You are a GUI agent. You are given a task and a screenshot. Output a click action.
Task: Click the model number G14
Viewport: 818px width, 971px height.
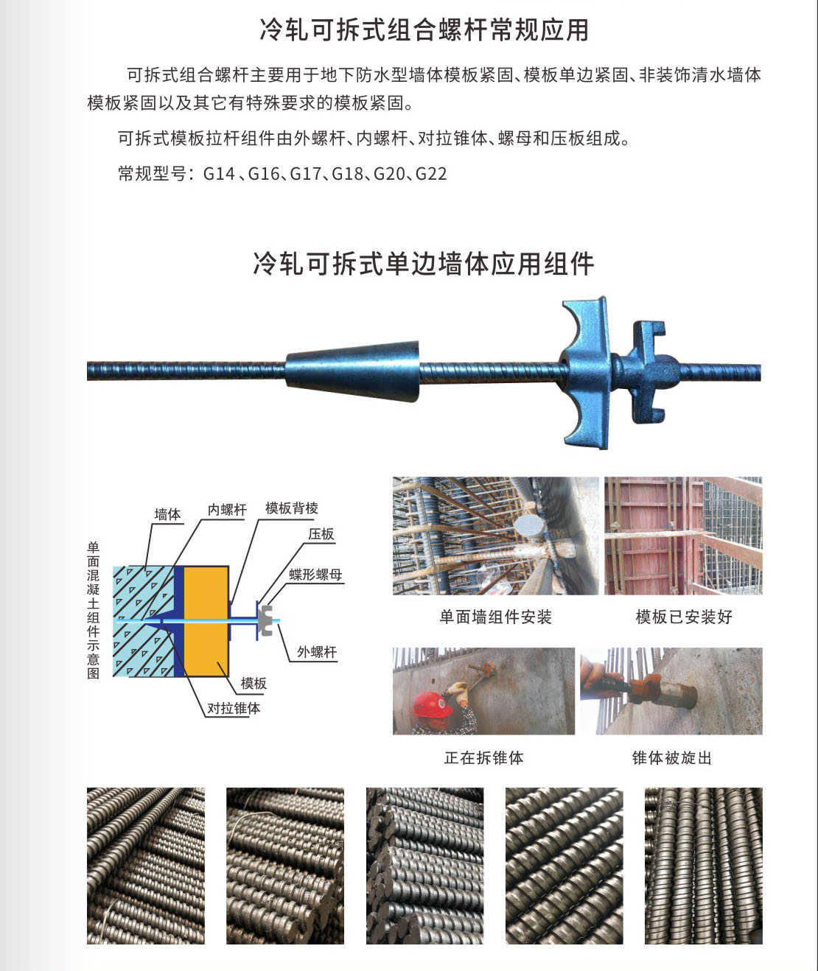click(x=219, y=174)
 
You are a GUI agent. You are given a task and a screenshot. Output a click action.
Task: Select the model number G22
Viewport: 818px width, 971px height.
click(x=431, y=174)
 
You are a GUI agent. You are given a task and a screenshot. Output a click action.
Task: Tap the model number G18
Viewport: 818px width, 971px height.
click(x=347, y=174)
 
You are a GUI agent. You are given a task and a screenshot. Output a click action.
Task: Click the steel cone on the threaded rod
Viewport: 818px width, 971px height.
click(x=352, y=370)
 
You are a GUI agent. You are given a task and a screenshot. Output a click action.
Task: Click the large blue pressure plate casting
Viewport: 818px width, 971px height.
click(x=587, y=373)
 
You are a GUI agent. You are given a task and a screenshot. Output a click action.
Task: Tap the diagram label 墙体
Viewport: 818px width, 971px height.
click(x=167, y=514)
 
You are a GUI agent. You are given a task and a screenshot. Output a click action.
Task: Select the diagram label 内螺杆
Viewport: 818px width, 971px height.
click(x=226, y=510)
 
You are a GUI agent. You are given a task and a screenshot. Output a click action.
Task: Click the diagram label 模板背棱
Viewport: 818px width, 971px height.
click(x=292, y=508)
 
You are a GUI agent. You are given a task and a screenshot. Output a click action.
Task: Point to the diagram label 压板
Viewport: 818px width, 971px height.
click(x=321, y=534)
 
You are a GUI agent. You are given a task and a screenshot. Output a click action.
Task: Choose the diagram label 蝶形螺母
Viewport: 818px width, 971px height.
click(x=315, y=575)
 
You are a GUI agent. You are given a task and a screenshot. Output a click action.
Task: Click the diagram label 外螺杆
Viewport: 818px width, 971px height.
click(x=317, y=652)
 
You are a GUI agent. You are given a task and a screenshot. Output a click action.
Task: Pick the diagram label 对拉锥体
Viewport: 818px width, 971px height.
click(x=234, y=708)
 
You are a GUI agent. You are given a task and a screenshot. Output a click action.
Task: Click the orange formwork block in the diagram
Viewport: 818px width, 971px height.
click(x=206, y=621)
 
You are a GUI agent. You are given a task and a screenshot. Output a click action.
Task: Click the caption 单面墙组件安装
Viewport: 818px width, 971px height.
click(x=495, y=617)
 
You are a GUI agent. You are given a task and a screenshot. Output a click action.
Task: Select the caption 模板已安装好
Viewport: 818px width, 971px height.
click(x=684, y=617)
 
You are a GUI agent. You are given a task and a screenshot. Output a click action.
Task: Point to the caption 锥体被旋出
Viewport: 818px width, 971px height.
click(x=672, y=758)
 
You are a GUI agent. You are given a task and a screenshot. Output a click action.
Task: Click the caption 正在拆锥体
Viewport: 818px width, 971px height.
click(x=484, y=758)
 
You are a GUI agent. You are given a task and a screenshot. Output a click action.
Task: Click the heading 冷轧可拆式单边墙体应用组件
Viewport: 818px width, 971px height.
click(x=424, y=264)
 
